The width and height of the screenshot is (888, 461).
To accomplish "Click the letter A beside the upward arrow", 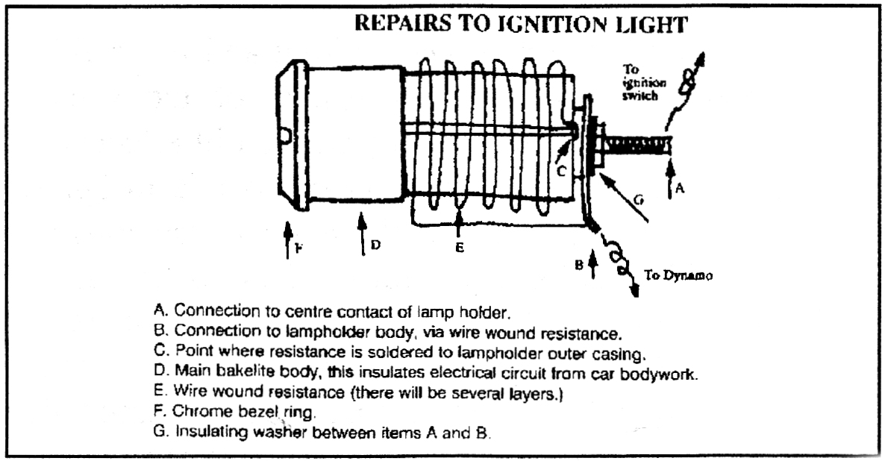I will coord(679,189).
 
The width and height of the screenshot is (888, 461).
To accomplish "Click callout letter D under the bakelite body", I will coord(376,244).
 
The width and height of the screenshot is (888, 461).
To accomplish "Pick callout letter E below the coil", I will coord(460,247).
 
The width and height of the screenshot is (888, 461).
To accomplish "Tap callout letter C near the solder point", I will coord(563,171).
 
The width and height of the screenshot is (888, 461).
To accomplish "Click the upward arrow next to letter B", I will coord(593,264).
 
